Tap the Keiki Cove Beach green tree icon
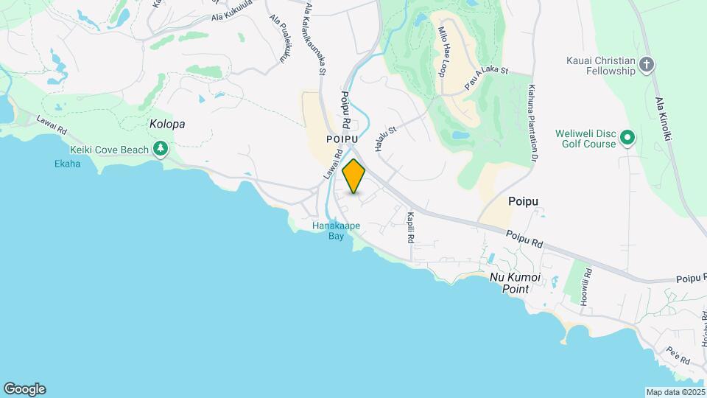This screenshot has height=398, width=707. point(161,150)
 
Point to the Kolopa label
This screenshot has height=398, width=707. point(166,125)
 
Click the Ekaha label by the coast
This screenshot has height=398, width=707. point(67,164)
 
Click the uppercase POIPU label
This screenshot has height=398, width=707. point(343,139)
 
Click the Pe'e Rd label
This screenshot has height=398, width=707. point(678,357)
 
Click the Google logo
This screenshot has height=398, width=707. point(24,388)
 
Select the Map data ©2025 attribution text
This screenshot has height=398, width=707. point(674,392)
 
